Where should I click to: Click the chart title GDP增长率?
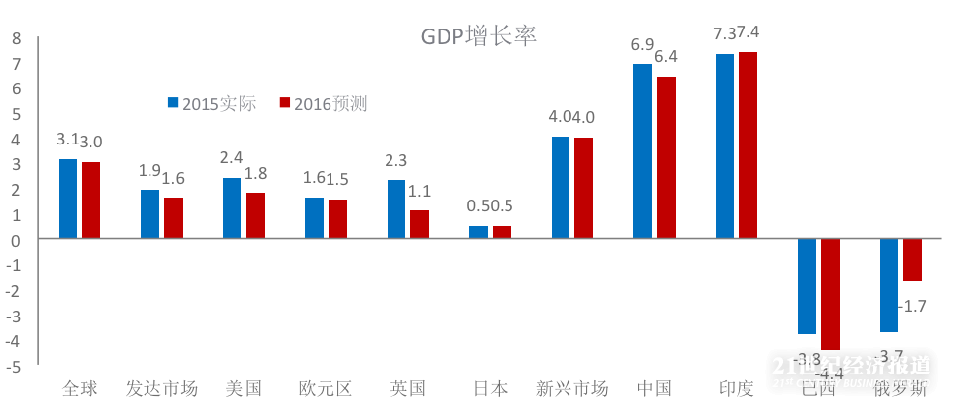tap(478, 36)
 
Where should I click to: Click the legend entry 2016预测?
tap(324, 103)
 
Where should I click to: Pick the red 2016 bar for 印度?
tap(748, 144)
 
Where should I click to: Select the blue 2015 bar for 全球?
tap(68, 199)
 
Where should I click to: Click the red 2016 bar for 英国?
tap(420, 224)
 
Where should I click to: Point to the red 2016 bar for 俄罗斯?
tap(912, 259)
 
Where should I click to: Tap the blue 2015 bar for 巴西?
tap(807, 286)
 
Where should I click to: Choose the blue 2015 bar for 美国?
tap(232, 207)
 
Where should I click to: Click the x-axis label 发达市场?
tap(162, 388)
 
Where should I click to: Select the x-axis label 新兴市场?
tap(572, 388)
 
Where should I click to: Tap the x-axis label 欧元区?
tap(326, 388)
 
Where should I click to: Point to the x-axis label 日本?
tap(490, 388)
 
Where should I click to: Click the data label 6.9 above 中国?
tap(642, 44)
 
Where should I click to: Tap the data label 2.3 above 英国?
tap(396, 160)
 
